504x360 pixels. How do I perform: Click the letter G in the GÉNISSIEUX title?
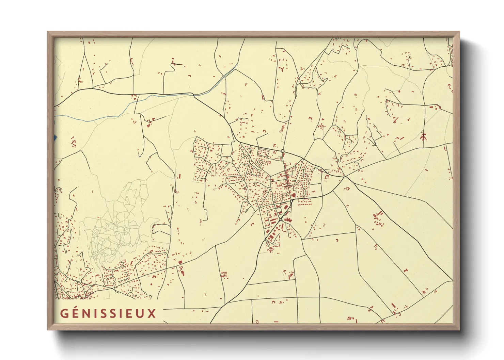tap(64, 313)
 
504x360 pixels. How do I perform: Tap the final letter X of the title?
tap(152, 313)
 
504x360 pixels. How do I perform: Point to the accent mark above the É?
tap(76, 308)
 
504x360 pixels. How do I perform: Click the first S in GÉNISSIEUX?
tap(103, 313)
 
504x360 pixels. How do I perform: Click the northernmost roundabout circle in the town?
tap(282, 151)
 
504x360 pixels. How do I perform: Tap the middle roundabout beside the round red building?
tap(292, 201)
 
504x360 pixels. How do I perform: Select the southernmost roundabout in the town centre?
tap(280, 220)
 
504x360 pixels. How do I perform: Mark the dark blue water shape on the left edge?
tap(55, 138)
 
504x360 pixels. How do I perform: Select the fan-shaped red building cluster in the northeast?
tap(423, 137)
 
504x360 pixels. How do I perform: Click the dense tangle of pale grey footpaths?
tap(106, 238)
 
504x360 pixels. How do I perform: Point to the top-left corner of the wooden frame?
tap(48, 32)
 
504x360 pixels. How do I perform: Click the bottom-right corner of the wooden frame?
tap(459, 329)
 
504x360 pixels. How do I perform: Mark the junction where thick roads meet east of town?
tap(345, 176)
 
